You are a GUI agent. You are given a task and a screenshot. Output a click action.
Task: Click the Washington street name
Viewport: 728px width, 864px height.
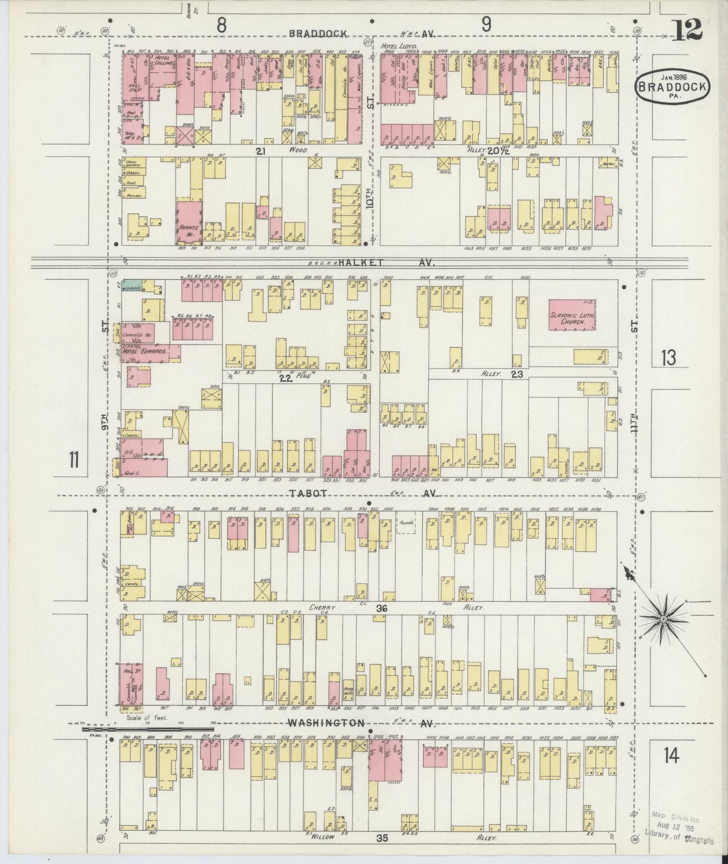[x=325, y=723]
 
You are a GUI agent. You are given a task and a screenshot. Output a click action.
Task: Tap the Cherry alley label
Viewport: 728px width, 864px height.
[x=322, y=608]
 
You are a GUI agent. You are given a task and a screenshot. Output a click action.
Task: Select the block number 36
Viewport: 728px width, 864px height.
[x=381, y=608]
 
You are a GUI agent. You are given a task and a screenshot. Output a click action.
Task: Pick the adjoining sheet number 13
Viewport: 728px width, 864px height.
[x=669, y=357]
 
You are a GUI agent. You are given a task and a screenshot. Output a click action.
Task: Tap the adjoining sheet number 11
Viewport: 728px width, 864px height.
[x=74, y=459]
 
